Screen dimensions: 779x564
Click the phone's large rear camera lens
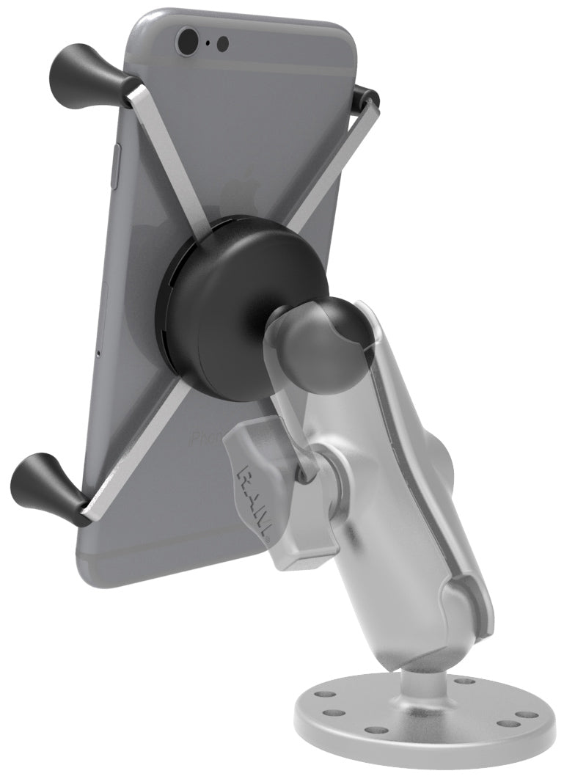(188, 40)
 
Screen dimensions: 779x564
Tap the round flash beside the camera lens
(223, 44)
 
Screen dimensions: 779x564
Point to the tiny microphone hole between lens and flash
(208, 43)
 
